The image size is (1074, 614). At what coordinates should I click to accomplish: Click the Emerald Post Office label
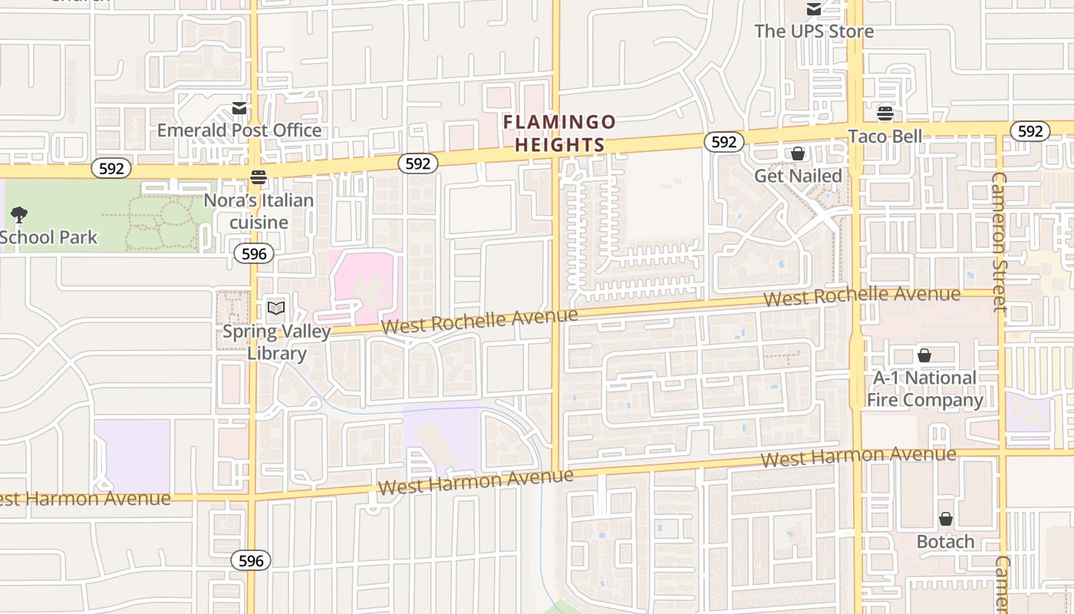239,130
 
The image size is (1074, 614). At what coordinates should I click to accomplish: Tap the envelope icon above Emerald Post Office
240,108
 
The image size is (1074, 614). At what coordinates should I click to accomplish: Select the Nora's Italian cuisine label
259,211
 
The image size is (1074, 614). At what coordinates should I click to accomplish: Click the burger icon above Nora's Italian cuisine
259,177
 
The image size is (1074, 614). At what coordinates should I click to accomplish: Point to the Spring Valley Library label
276,342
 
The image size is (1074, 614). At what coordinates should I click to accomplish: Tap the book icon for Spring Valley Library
276,309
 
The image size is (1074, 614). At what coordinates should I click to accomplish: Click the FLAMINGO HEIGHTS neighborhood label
559,134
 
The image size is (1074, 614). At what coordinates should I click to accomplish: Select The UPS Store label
814,31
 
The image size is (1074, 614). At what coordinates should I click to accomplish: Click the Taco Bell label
885,136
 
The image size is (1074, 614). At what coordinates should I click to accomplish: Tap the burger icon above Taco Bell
885,114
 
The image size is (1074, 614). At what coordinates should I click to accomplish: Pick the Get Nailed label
798,176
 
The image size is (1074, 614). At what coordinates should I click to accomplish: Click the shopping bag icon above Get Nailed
798,153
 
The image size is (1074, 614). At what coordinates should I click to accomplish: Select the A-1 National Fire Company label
924,389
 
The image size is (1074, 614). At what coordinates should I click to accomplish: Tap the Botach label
946,541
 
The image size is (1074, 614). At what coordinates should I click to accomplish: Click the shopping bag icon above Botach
946,519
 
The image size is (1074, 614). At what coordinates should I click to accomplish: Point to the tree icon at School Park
19,215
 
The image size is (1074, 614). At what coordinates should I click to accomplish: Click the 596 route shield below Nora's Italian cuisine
254,253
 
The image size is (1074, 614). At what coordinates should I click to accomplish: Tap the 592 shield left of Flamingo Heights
418,163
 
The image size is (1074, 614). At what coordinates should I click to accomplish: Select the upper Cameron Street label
998,242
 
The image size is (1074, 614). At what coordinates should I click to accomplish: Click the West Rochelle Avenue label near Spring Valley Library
479,321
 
